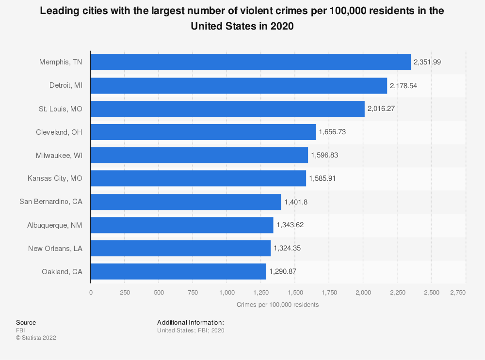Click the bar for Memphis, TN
point(250,62)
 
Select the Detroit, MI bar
point(239,85)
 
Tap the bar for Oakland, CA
point(178,271)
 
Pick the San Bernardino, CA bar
point(185,202)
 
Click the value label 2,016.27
point(381,109)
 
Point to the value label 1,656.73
point(332,132)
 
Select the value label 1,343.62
point(290,225)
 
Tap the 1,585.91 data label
point(323,178)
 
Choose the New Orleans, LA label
point(55,248)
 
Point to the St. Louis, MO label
point(61,109)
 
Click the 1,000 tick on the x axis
point(227,293)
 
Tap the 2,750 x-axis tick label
point(457,293)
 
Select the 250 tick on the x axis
point(125,293)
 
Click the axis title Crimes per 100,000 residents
point(278,305)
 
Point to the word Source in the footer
point(26,322)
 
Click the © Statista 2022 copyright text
point(36,338)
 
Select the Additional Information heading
point(190,322)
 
